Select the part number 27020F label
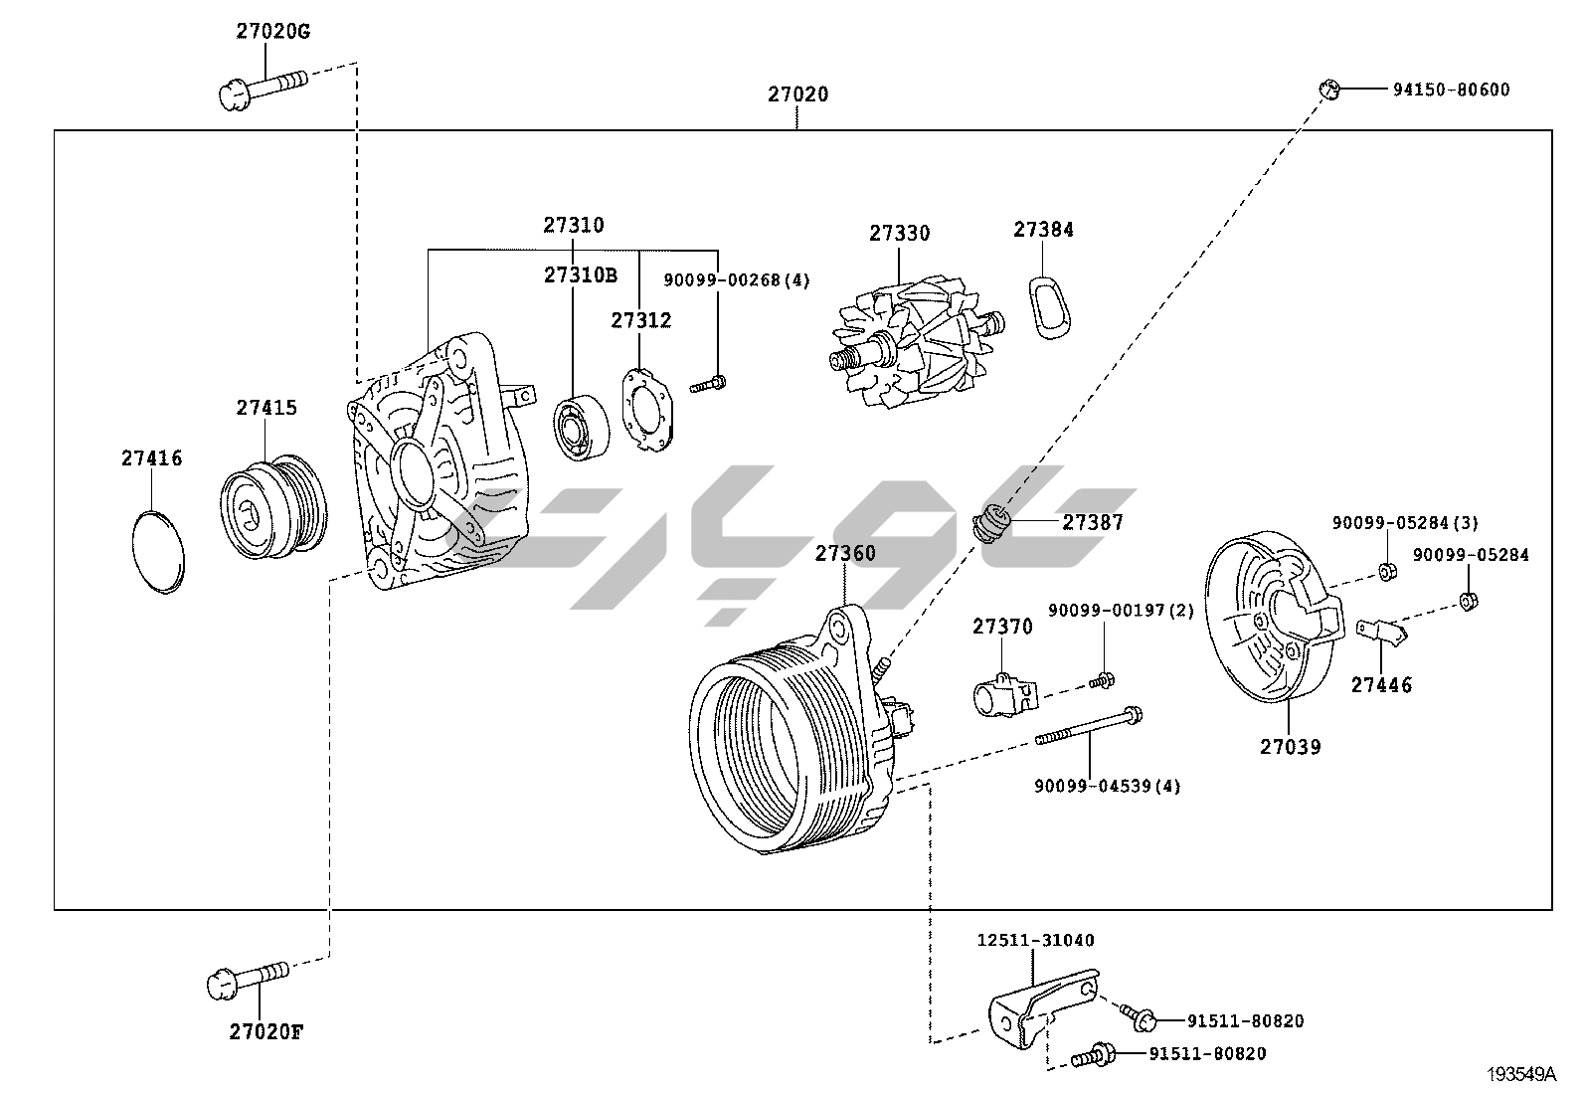[265, 1031]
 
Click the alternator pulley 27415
[271, 508]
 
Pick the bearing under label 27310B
[581, 429]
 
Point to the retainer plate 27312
[647, 411]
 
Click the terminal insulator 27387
[991, 521]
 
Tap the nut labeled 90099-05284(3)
[1386, 572]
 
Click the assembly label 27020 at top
[797, 94]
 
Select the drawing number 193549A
[1520, 1074]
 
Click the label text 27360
[845, 553]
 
